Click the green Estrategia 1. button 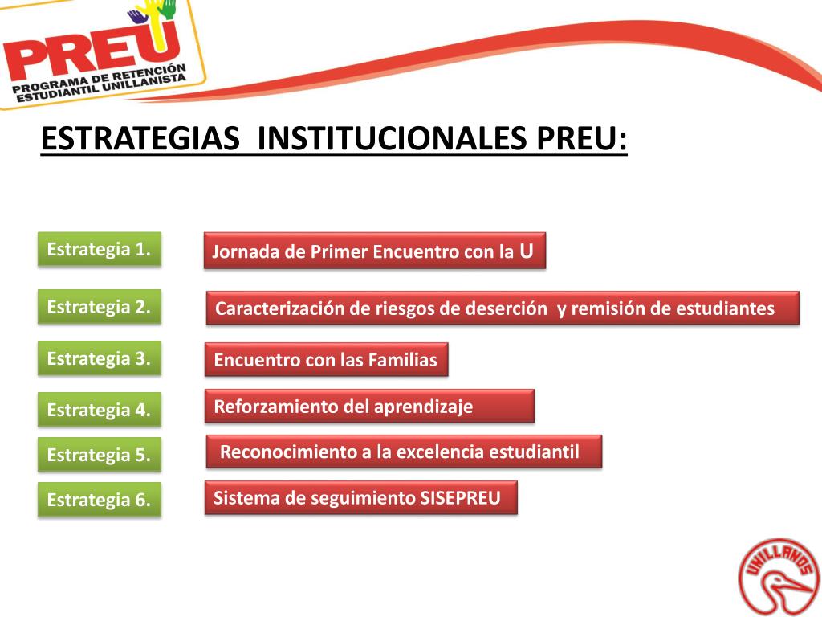click(x=100, y=249)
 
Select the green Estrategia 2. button click(x=100, y=307)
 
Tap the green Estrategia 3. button click(x=100, y=358)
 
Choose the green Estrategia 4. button click(x=100, y=410)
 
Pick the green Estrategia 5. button click(x=100, y=455)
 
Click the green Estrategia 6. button click(x=100, y=500)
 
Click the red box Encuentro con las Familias click(x=326, y=360)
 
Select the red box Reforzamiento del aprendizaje click(x=369, y=407)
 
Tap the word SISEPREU click(x=460, y=498)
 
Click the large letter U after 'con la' click(x=526, y=251)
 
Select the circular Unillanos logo click(x=775, y=576)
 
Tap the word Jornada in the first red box click(x=238, y=252)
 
